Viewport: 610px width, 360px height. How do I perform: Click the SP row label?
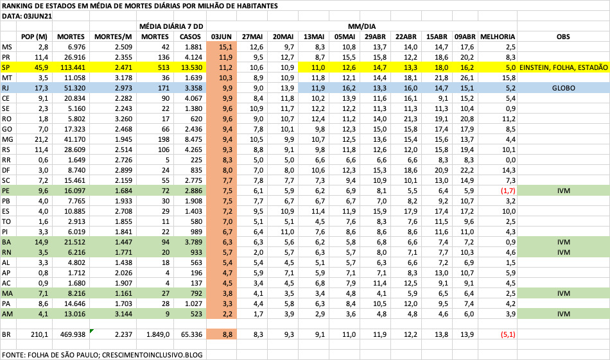coord(6,67)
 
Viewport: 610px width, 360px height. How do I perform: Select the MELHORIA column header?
coord(498,37)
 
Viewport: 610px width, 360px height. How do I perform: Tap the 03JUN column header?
coord(222,37)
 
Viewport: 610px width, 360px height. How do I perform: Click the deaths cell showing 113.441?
coord(72,67)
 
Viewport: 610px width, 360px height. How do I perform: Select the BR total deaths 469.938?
coord(72,334)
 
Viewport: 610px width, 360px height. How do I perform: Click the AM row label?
coord(8,314)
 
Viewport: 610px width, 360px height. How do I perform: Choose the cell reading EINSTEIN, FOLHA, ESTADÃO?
coord(563,67)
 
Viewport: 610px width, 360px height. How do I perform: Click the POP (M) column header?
coord(35,37)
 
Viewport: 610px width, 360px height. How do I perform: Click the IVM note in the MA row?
coord(563,293)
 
